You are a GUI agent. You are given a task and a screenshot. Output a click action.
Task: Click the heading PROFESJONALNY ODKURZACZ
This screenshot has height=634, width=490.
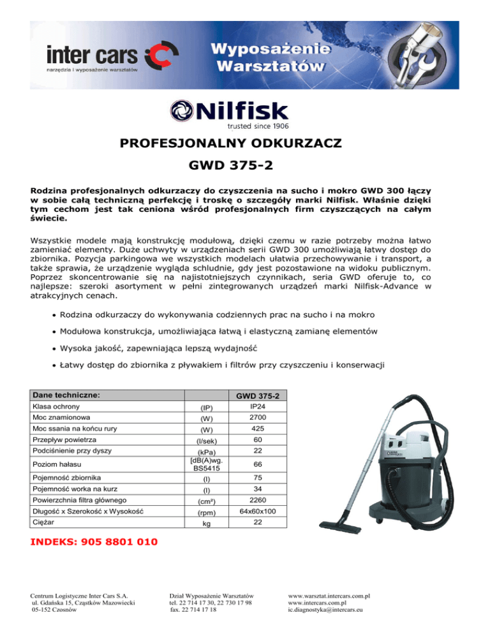tap(244, 143)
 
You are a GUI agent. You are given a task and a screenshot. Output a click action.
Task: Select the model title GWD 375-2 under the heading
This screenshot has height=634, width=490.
tap(244, 168)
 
